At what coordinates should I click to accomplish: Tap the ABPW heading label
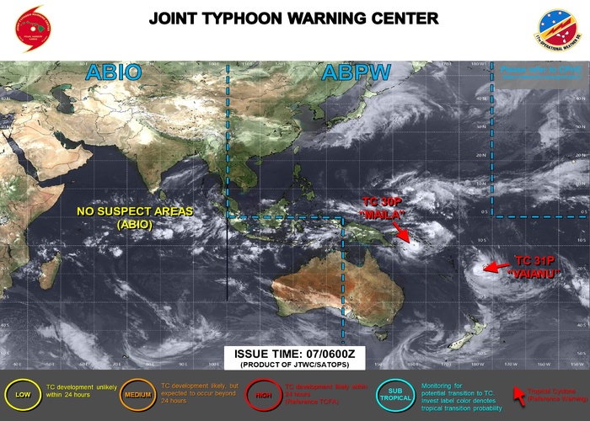(356, 72)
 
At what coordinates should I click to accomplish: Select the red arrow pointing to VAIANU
(496, 267)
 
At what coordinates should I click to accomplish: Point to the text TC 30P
(383, 202)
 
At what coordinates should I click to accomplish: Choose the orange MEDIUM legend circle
(135, 394)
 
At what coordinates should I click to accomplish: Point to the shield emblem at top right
(558, 29)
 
